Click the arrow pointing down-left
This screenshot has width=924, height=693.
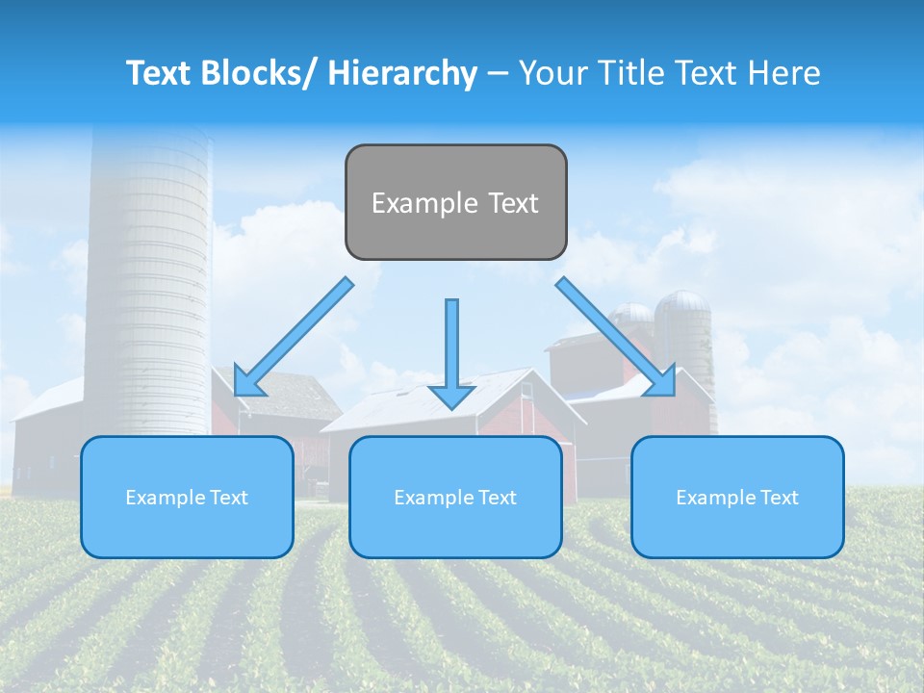[294, 336]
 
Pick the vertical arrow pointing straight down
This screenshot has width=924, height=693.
[451, 351]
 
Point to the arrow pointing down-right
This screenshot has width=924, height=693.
[615, 336]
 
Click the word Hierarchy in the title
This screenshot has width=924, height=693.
[402, 73]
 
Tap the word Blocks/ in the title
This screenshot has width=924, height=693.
[263, 73]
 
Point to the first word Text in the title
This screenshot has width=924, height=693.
[161, 73]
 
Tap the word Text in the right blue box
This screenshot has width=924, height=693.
[778, 498]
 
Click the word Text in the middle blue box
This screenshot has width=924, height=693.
[496, 498]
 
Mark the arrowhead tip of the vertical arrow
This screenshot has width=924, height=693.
[451, 407]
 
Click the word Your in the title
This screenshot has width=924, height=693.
[550, 73]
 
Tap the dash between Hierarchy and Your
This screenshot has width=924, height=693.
[498, 73]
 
